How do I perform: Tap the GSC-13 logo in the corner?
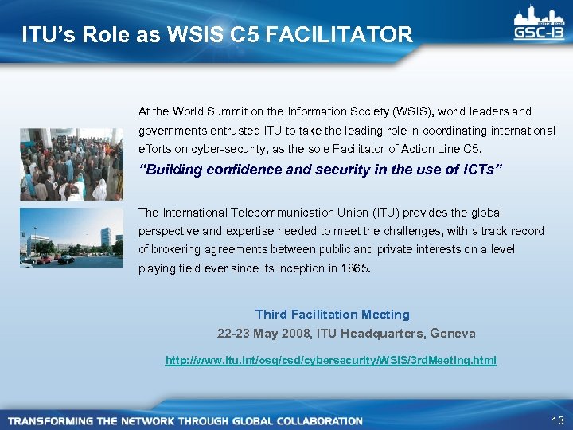[x=540, y=27]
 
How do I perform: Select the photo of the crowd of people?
[x=71, y=164]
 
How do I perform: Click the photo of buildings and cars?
[x=71, y=236]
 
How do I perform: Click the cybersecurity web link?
[x=330, y=361]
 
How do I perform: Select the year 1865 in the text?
[x=353, y=268]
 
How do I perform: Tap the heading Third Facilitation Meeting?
[x=332, y=315]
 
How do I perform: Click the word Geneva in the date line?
[x=453, y=333]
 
